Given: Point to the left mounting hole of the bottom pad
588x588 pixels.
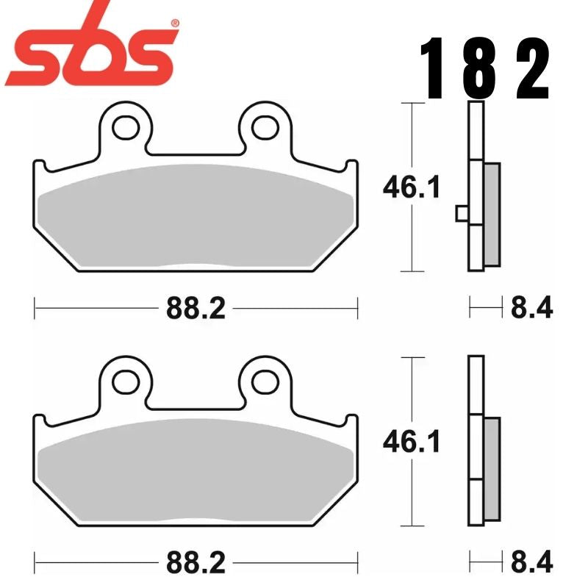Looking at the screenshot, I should [x=122, y=381].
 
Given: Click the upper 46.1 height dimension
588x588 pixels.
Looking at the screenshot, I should [x=411, y=188].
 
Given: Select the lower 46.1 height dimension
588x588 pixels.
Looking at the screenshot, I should [x=411, y=442].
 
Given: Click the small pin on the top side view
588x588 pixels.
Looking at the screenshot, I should [x=462, y=213].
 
